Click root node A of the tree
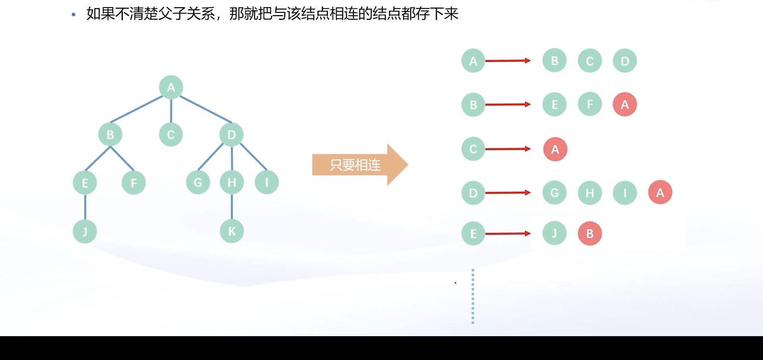[x=171, y=87]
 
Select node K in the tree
[x=232, y=231]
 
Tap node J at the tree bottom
[x=85, y=231]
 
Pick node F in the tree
[x=134, y=183]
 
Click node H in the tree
[x=232, y=182]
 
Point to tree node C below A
[x=171, y=135]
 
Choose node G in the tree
[x=198, y=182]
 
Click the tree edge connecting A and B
[x=136, y=109]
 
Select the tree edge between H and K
[x=232, y=207]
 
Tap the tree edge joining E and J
[x=85, y=207]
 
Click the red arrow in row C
[x=507, y=149]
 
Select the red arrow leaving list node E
[x=507, y=234]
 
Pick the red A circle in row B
[x=625, y=105]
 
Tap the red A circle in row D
[x=660, y=193]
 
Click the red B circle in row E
[x=590, y=234]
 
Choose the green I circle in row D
[x=625, y=193]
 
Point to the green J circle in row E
[x=554, y=234]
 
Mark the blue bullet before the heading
[x=73, y=15]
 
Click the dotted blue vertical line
[x=473, y=296]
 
